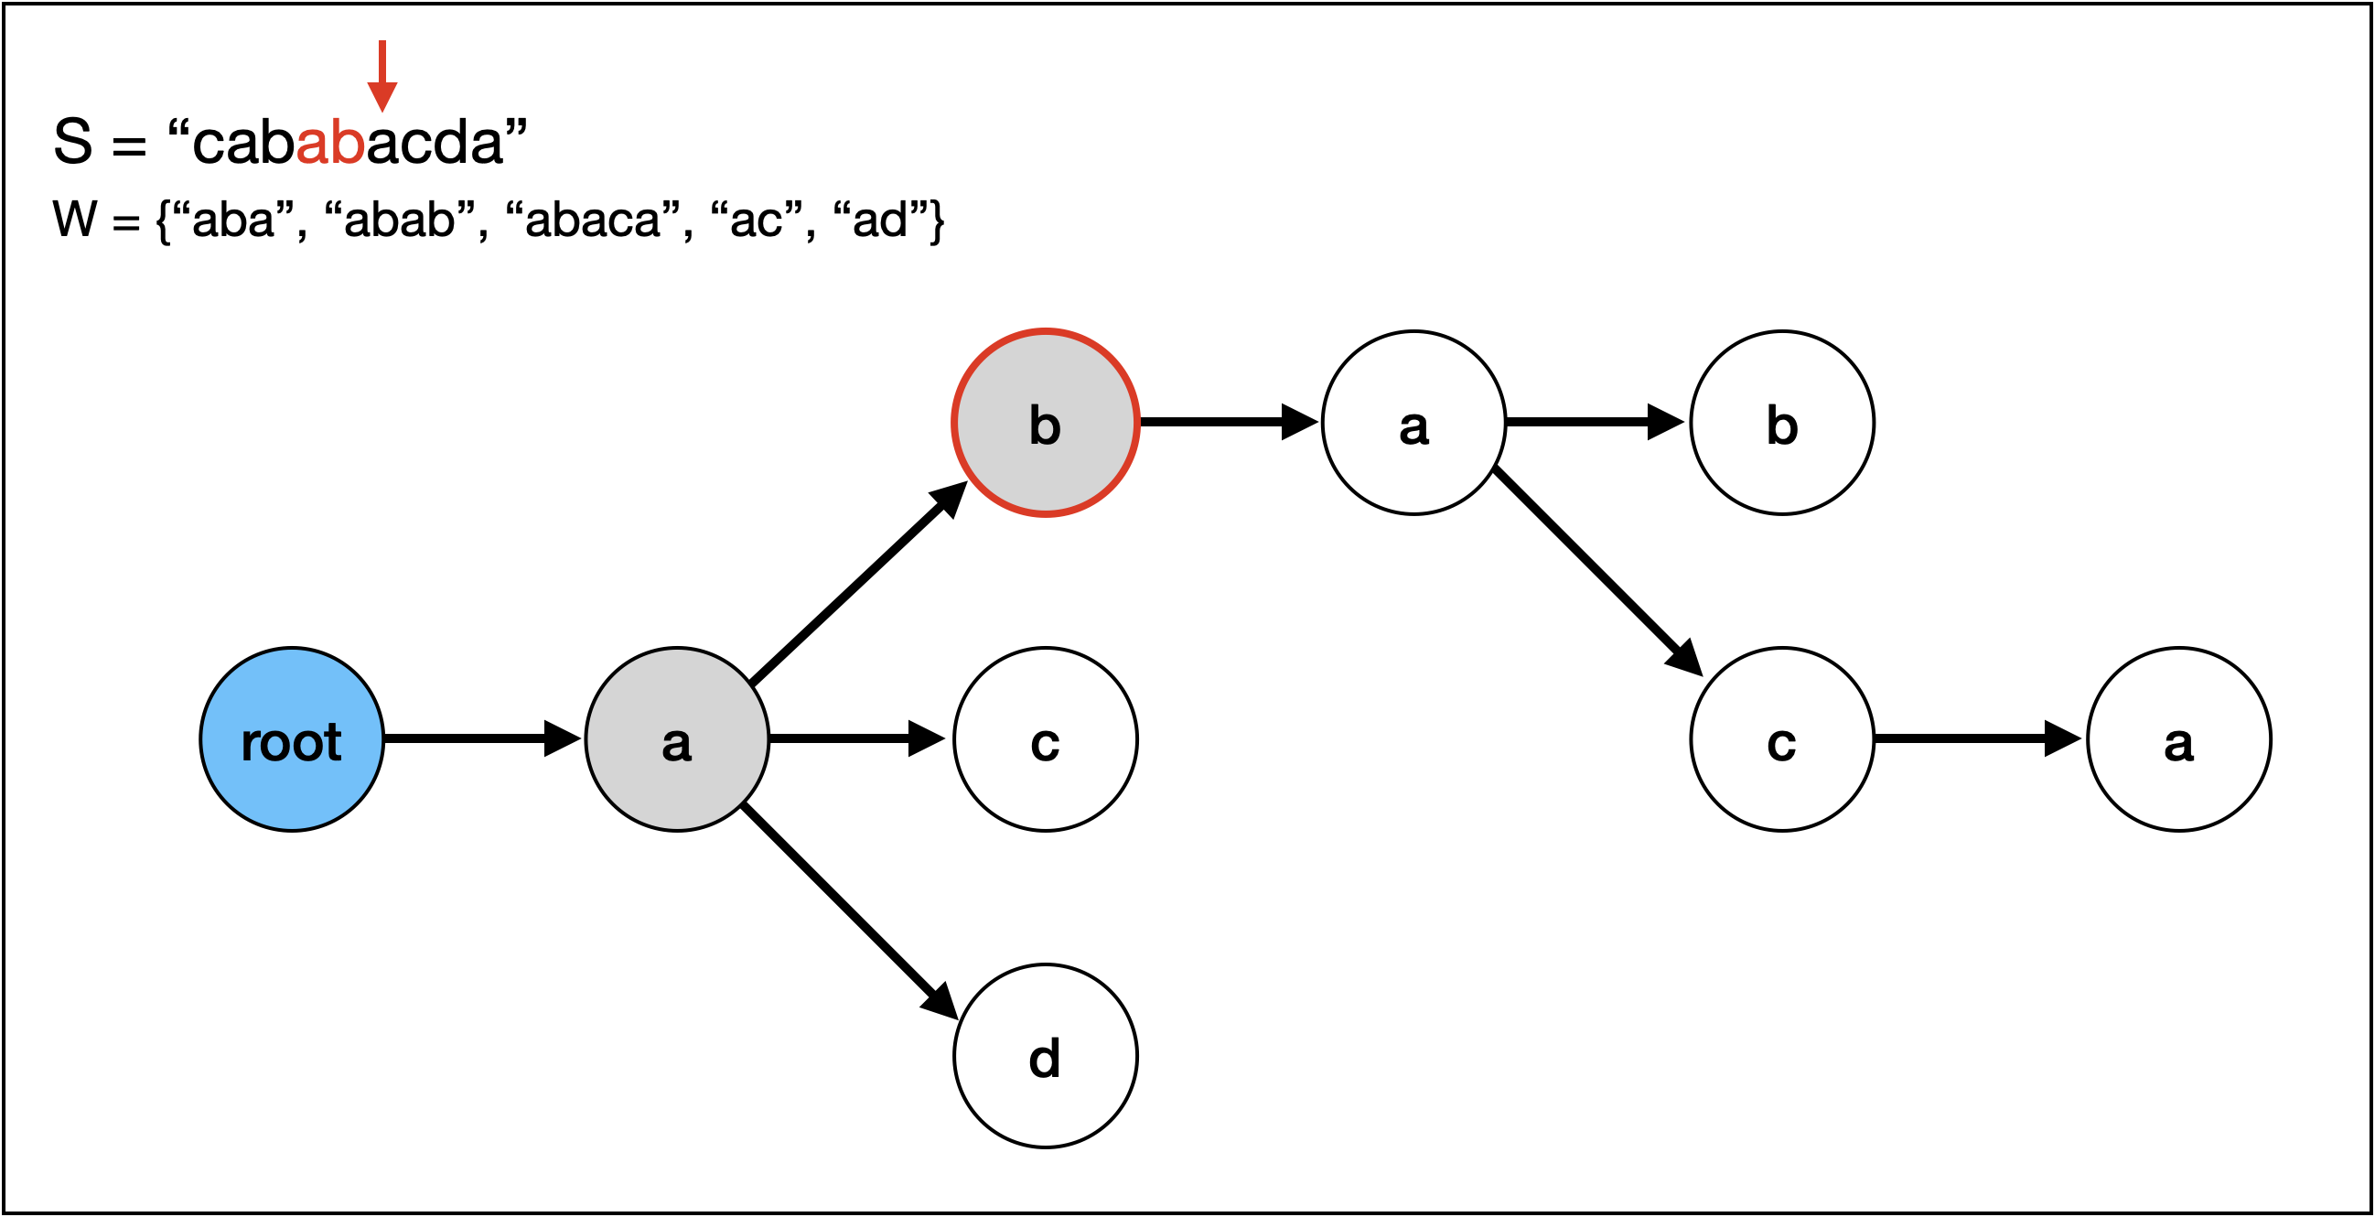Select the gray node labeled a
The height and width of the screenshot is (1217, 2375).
pos(677,739)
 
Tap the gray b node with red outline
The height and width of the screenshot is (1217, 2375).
pos(1046,422)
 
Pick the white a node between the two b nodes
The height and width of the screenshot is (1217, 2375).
pos(1413,422)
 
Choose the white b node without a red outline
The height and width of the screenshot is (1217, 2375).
pos(1782,422)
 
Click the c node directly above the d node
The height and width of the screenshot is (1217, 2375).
pos(1046,739)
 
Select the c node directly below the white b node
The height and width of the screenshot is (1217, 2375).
pos(1782,739)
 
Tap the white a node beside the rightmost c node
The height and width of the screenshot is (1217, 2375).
pos(2178,739)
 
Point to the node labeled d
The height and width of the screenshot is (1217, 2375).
pos(1046,1056)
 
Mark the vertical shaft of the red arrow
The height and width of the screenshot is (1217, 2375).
pos(382,60)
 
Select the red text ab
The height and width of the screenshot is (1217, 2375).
pos(330,144)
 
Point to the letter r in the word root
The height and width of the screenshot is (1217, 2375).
pos(248,744)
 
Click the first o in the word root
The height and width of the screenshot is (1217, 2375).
pos(273,744)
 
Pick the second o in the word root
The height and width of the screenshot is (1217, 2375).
pos(307,744)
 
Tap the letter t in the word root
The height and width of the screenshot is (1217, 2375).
pos(333,742)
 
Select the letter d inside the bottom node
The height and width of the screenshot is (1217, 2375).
pos(1045,1059)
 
